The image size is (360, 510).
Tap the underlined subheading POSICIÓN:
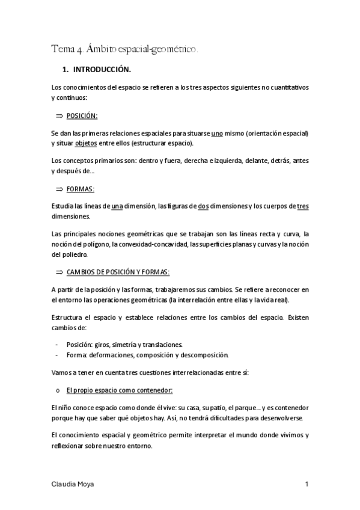click(82, 115)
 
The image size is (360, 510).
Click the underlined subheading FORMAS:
click(80, 189)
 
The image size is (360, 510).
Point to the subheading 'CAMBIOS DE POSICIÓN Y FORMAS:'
click(118, 272)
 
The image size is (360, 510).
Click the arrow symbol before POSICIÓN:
click(59, 115)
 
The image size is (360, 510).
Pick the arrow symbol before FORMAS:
click(59, 189)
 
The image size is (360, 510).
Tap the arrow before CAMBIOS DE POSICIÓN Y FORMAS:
click(59, 272)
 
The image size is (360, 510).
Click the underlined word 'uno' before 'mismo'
click(218, 133)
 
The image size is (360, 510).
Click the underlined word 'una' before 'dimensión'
click(118, 206)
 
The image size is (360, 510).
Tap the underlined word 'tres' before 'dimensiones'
click(303, 206)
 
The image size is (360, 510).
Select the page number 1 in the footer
click(307, 484)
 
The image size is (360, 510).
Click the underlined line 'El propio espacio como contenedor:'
click(120, 390)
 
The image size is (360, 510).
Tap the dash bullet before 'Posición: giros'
click(56, 345)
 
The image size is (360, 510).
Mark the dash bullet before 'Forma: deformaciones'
click(56, 354)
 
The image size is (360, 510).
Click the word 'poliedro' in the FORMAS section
click(75, 254)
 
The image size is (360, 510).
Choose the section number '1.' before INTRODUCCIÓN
click(66, 69)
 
